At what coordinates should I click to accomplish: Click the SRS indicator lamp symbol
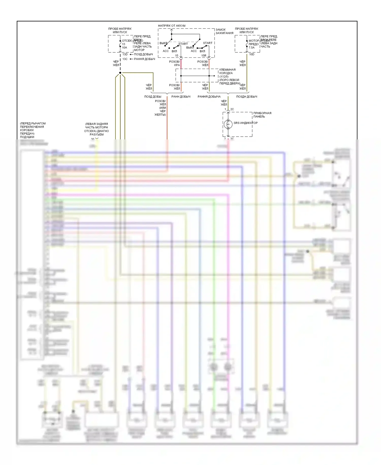[x=228, y=124]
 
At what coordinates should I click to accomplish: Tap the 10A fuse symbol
[x=120, y=44]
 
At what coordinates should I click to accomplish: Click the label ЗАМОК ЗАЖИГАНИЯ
[x=224, y=31]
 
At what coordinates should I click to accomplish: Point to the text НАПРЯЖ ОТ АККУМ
[x=172, y=26]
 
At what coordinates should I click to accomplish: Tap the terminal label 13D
[x=125, y=54]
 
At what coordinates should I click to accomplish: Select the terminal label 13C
[x=125, y=59]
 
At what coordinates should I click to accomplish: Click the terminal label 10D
[x=251, y=54]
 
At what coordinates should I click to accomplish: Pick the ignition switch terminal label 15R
[x=204, y=56]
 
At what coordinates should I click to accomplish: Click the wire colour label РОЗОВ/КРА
[x=174, y=63]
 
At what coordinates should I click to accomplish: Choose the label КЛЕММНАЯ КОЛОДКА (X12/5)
[x=227, y=73]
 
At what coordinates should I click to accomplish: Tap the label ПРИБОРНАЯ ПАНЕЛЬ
[x=262, y=115]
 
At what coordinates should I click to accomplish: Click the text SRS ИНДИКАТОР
[x=245, y=123]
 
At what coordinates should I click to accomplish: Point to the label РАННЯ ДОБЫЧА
[x=209, y=97]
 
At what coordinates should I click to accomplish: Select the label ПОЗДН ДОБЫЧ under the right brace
[x=247, y=97]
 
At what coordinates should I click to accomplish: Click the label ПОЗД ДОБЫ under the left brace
[x=153, y=97]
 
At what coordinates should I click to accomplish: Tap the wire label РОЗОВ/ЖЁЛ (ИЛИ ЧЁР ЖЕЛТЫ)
[x=160, y=108]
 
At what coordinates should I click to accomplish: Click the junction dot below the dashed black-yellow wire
[x=120, y=73]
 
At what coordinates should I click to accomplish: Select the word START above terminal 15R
[x=208, y=43]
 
